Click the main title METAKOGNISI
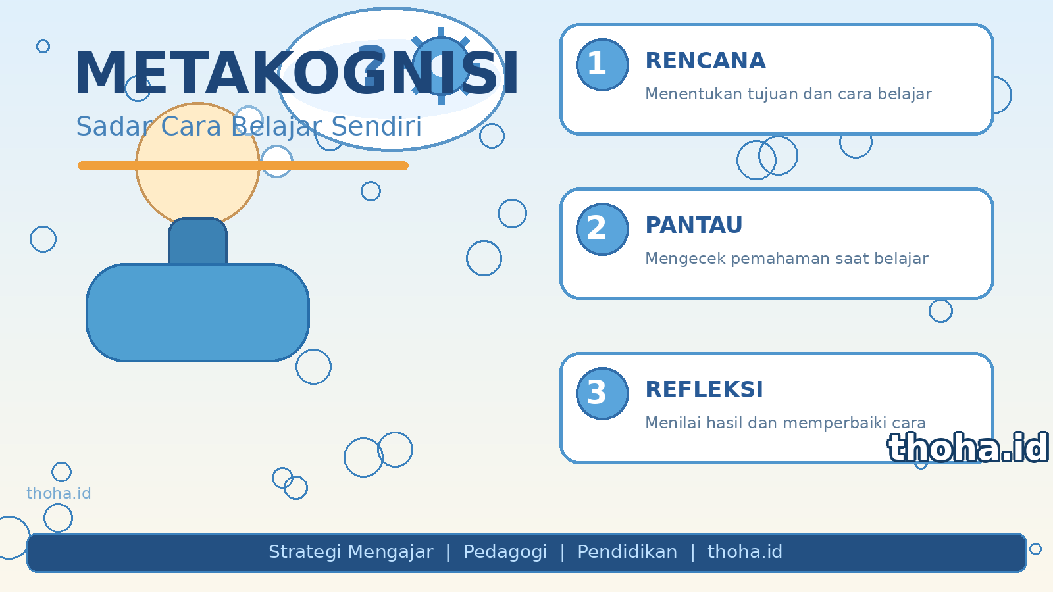point(296,74)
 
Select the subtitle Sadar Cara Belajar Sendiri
point(249,127)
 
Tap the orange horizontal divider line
point(243,166)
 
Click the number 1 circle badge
point(602,65)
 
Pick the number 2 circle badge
point(602,230)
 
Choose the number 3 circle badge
point(602,394)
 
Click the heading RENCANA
point(706,61)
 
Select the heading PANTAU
point(694,226)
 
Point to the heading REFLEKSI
point(704,390)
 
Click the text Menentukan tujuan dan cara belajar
point(788,94)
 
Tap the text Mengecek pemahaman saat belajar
point(787,259)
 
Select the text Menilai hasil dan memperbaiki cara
point(786,423)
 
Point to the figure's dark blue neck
point(198,241)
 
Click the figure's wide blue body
point(198,313)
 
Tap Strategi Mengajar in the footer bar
point(351,552)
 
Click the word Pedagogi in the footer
point(505,553)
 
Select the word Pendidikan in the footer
point(627,552)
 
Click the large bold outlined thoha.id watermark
point(968,448)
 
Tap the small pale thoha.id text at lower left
point(59,493)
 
